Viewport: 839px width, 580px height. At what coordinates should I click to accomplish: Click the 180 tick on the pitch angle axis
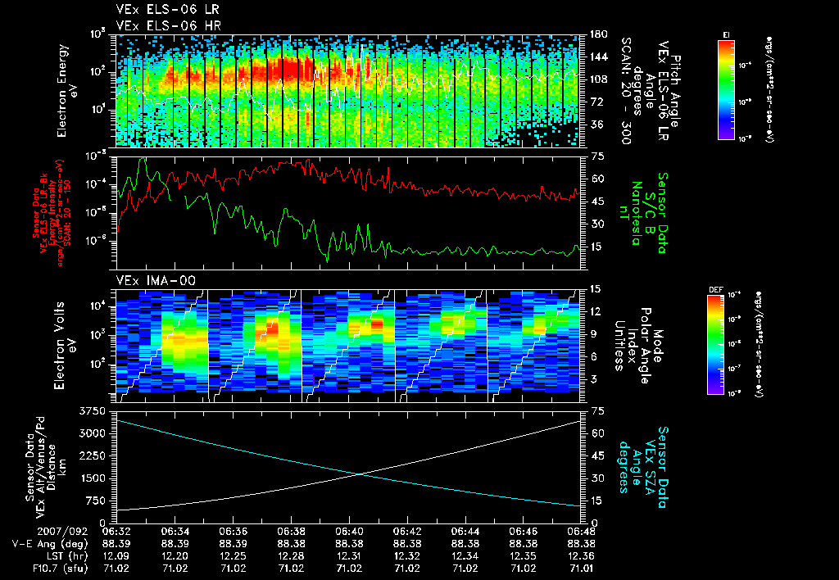(597, 34)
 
